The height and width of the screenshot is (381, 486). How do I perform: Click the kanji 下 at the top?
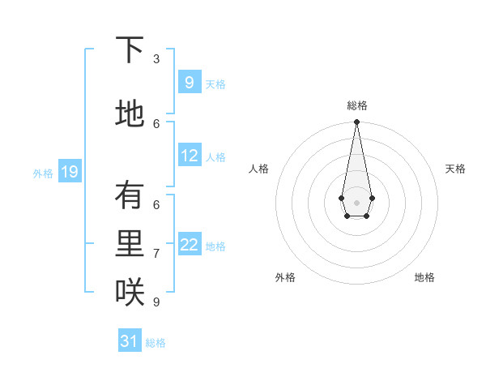click(x=130, y=51)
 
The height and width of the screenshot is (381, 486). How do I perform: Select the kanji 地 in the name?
click(x=130, y=113)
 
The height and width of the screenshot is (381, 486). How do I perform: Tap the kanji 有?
click(x=130, y=196)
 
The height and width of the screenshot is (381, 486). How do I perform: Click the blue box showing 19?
click(x=69, y=172)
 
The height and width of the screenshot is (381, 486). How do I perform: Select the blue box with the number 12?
click(x=190, y=156)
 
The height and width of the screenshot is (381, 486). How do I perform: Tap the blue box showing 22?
click(x=190, y=246)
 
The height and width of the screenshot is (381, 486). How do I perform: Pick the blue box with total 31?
click(x=130, y=341)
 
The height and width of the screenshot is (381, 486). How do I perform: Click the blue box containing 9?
click(x=190, y=83)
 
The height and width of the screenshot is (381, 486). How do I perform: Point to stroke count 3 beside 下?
click(x=156, y=58)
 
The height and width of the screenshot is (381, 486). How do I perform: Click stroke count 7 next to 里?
click(x=156, y=254)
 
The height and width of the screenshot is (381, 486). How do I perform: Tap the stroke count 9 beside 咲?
click(x=156, y=302)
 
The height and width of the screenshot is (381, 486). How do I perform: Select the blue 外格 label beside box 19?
click(x=43, y=173)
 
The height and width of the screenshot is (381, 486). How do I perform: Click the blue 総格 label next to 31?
click(x=156, y=343)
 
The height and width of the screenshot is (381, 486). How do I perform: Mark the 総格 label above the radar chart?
click(x=356, y=105)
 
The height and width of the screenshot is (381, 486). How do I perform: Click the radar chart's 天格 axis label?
click(x=455, y=169)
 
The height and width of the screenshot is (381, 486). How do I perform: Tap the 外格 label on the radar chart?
click(x=285, y=277)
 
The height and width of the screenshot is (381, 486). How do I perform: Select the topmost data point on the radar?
click(x=356, y=122)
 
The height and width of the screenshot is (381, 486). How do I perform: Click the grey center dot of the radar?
click(x=356, y=201)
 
